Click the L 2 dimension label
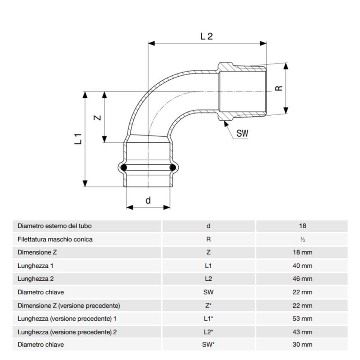pyautogui.click(x=206, y=36)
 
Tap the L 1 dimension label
pyautogui.click(x=78, y=138)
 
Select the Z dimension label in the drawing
pyautogui.click(x=97, y=118)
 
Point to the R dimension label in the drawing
pyautogui.click(x=278, y=88)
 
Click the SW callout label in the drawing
pyautogui.click(x=242, y=133)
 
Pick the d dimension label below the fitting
pyautogui.click(x=148, y=200)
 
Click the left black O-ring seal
pyautogui.click(x=124, y=168)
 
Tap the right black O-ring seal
pyautogui.click(x=172, y=168)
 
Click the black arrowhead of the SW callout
pyautogui.click(x=226, y=123)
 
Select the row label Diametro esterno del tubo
pyautogui.click(x=55, y=226)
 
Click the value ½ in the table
pyautogui.click(x=302, y=239)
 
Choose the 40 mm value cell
pyautogui.click(x=302, y=266)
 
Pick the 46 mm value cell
pyautogui.click(x=302, y=279)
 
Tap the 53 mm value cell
pyautogui.click(x=302, y=318)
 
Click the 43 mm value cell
pyautogui.click(x=302, y=332)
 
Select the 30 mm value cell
pyautogui.click(x=302, y=345)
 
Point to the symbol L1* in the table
pyautogui.click(x=208, y=318)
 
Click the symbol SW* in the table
pyautogui.click(x=208, y=345)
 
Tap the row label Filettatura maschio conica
pyautogui.click(x=55, y=239)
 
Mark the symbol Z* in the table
pyautogui.click(x=208, y=305)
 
